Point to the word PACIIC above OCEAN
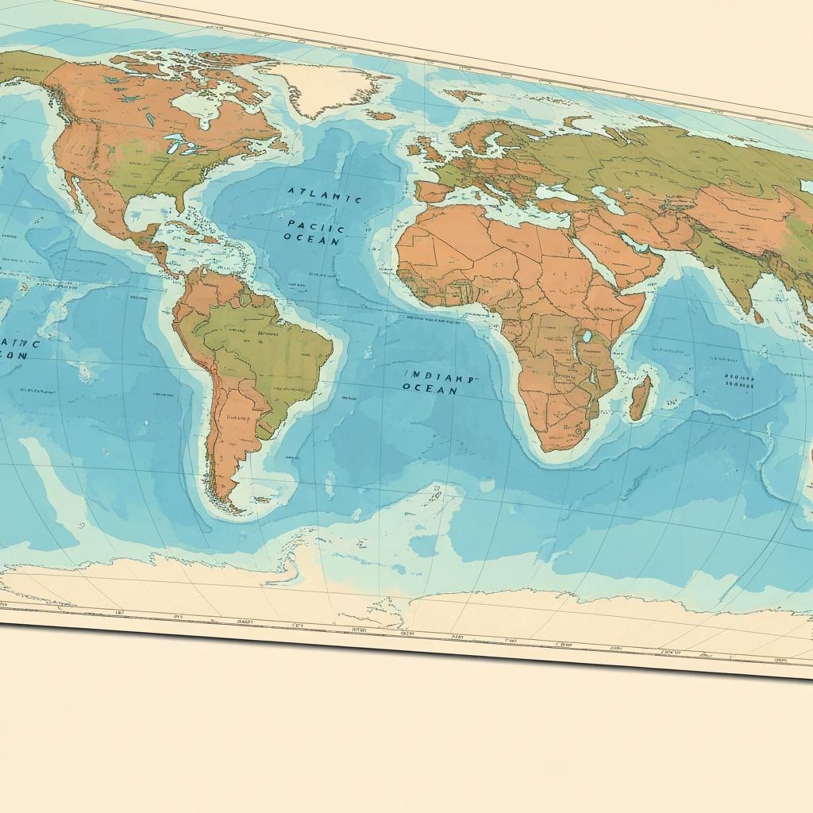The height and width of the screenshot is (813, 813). point(314,225)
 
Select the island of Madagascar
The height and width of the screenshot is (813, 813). point(641,398)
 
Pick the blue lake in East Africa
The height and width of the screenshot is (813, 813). point(587,337)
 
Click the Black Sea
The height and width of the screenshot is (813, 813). point(553,191)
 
